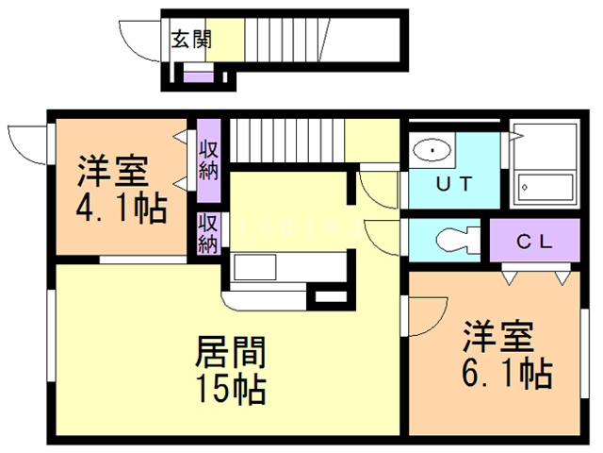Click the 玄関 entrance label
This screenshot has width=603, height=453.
coord(191,40)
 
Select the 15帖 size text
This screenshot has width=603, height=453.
coord(230,387)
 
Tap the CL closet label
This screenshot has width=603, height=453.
coord(533,241)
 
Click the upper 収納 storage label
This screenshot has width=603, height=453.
coord(208,159)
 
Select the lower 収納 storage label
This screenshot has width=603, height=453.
coord(208,233)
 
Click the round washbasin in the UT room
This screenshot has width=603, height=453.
coord(432,149)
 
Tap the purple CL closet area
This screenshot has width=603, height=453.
coord(533,243)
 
